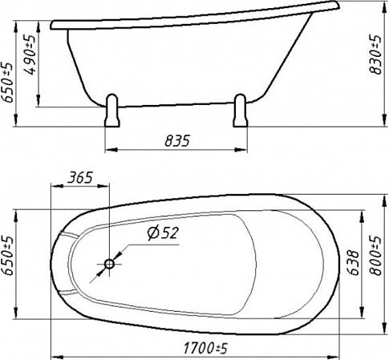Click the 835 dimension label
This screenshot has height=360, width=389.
tap(177, 141)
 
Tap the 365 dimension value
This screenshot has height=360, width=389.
tap(80, 178)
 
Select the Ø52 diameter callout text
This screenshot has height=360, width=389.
tap(163, 233)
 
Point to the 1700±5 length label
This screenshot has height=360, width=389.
tap(205, 349)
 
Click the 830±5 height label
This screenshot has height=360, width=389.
tap(375, 55)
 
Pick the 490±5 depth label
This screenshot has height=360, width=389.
tap(30, 55)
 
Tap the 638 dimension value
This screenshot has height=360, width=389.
tap(354, 263)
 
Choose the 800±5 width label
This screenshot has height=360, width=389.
tap(375, 256)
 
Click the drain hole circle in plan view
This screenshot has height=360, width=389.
tap(109, 264)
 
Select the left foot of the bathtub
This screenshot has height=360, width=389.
tap(112, 111)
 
